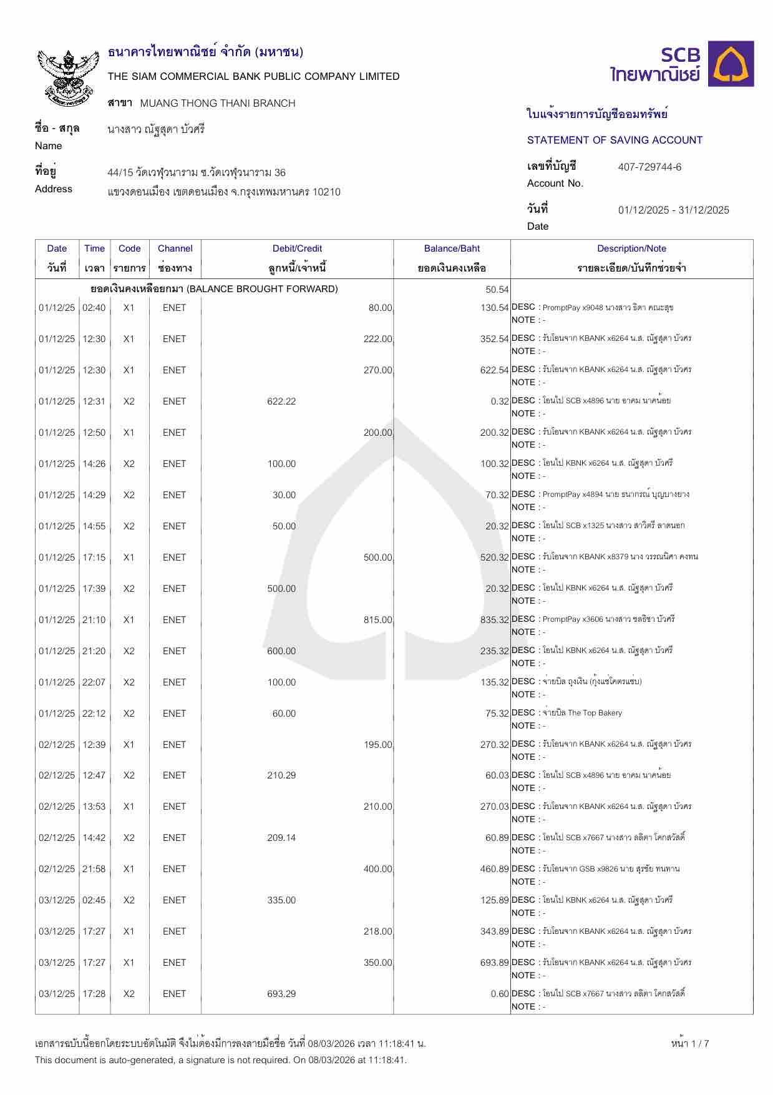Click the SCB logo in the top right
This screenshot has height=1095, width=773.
coord(681,64)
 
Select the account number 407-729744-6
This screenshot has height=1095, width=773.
coord(649,167)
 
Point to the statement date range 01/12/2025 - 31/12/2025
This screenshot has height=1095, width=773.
coord(673,210)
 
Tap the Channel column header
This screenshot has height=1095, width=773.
coord(175,248)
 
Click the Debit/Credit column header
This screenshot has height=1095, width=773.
coord(297,248)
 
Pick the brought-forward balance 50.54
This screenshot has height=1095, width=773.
coord(497,290)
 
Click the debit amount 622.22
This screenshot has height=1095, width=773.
coord(281,401)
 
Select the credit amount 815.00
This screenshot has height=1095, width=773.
coord(377,620)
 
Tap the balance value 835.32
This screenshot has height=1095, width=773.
coord(494,620)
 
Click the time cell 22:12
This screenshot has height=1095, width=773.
coord(94,714)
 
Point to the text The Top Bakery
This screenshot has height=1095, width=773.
coord(595,713)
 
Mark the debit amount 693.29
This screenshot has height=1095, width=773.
coord(281,994)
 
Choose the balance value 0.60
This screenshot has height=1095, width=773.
coord(500,994)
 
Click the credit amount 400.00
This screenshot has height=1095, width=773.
coord(377,869)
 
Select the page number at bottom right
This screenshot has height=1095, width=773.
coord(690,1043)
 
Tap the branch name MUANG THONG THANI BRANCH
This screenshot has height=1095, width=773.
coord(218,104)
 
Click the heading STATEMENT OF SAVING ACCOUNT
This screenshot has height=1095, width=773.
coord(615,140)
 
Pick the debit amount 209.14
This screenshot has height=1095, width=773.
coord(281,838)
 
